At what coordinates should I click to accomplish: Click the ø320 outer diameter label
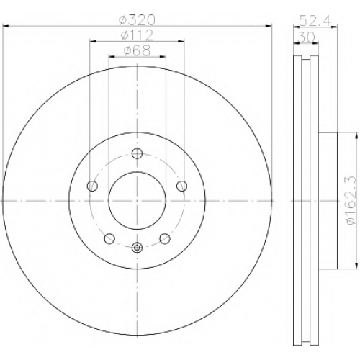coord(138,20)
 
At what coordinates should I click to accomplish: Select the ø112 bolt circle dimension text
coord(137,35)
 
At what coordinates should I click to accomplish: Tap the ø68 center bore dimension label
coord(137,50)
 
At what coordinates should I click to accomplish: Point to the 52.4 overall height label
coord(315,20)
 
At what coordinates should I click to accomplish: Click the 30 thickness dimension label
coord(306,37)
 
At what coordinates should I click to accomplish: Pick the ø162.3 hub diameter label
coord(351,200)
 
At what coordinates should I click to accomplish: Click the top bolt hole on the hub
coord(138,153)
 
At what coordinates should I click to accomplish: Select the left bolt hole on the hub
coord(92,186)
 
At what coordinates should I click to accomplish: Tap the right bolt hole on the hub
coord(182,186)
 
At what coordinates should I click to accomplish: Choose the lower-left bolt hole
coord(109,238)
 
